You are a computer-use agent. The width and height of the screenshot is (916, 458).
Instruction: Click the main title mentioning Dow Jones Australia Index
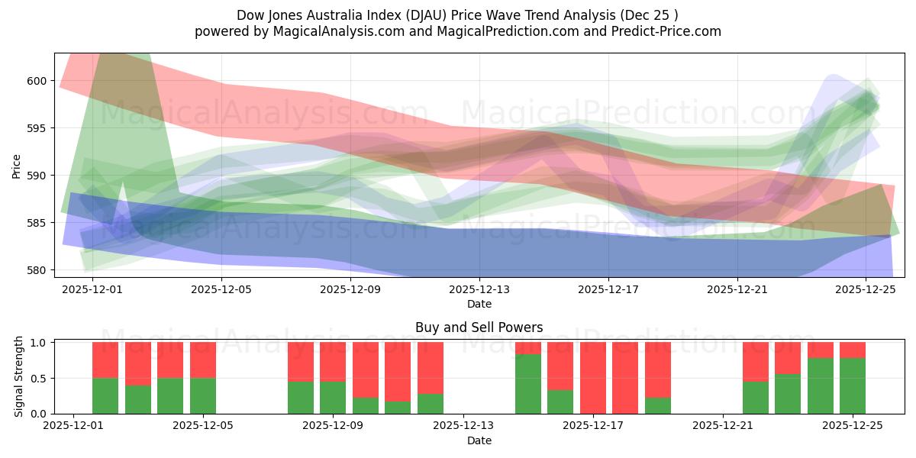[x=457, y=15]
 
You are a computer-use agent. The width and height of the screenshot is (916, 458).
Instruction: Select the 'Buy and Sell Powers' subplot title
[x=479, y=327]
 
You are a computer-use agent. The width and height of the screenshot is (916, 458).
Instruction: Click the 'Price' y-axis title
[x=17, y=166]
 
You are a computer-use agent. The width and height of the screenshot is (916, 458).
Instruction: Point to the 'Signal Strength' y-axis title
[x=18, y=378]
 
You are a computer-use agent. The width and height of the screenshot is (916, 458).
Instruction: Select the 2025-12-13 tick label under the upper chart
[x=479, y=289]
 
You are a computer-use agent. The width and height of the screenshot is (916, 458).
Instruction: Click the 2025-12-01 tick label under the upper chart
[x=92, y=289]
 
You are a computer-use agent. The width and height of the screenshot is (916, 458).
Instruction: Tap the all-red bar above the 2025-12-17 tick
[x=593, y=378]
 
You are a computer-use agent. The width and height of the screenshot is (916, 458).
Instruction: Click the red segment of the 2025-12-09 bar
[x=333, y=361]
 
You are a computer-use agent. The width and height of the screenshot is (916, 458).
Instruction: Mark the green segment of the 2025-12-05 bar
[x=203, y=395]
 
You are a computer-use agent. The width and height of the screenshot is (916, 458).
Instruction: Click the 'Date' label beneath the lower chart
[x=479, y=440]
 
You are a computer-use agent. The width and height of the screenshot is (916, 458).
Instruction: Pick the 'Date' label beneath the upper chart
[x=479, y=304]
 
